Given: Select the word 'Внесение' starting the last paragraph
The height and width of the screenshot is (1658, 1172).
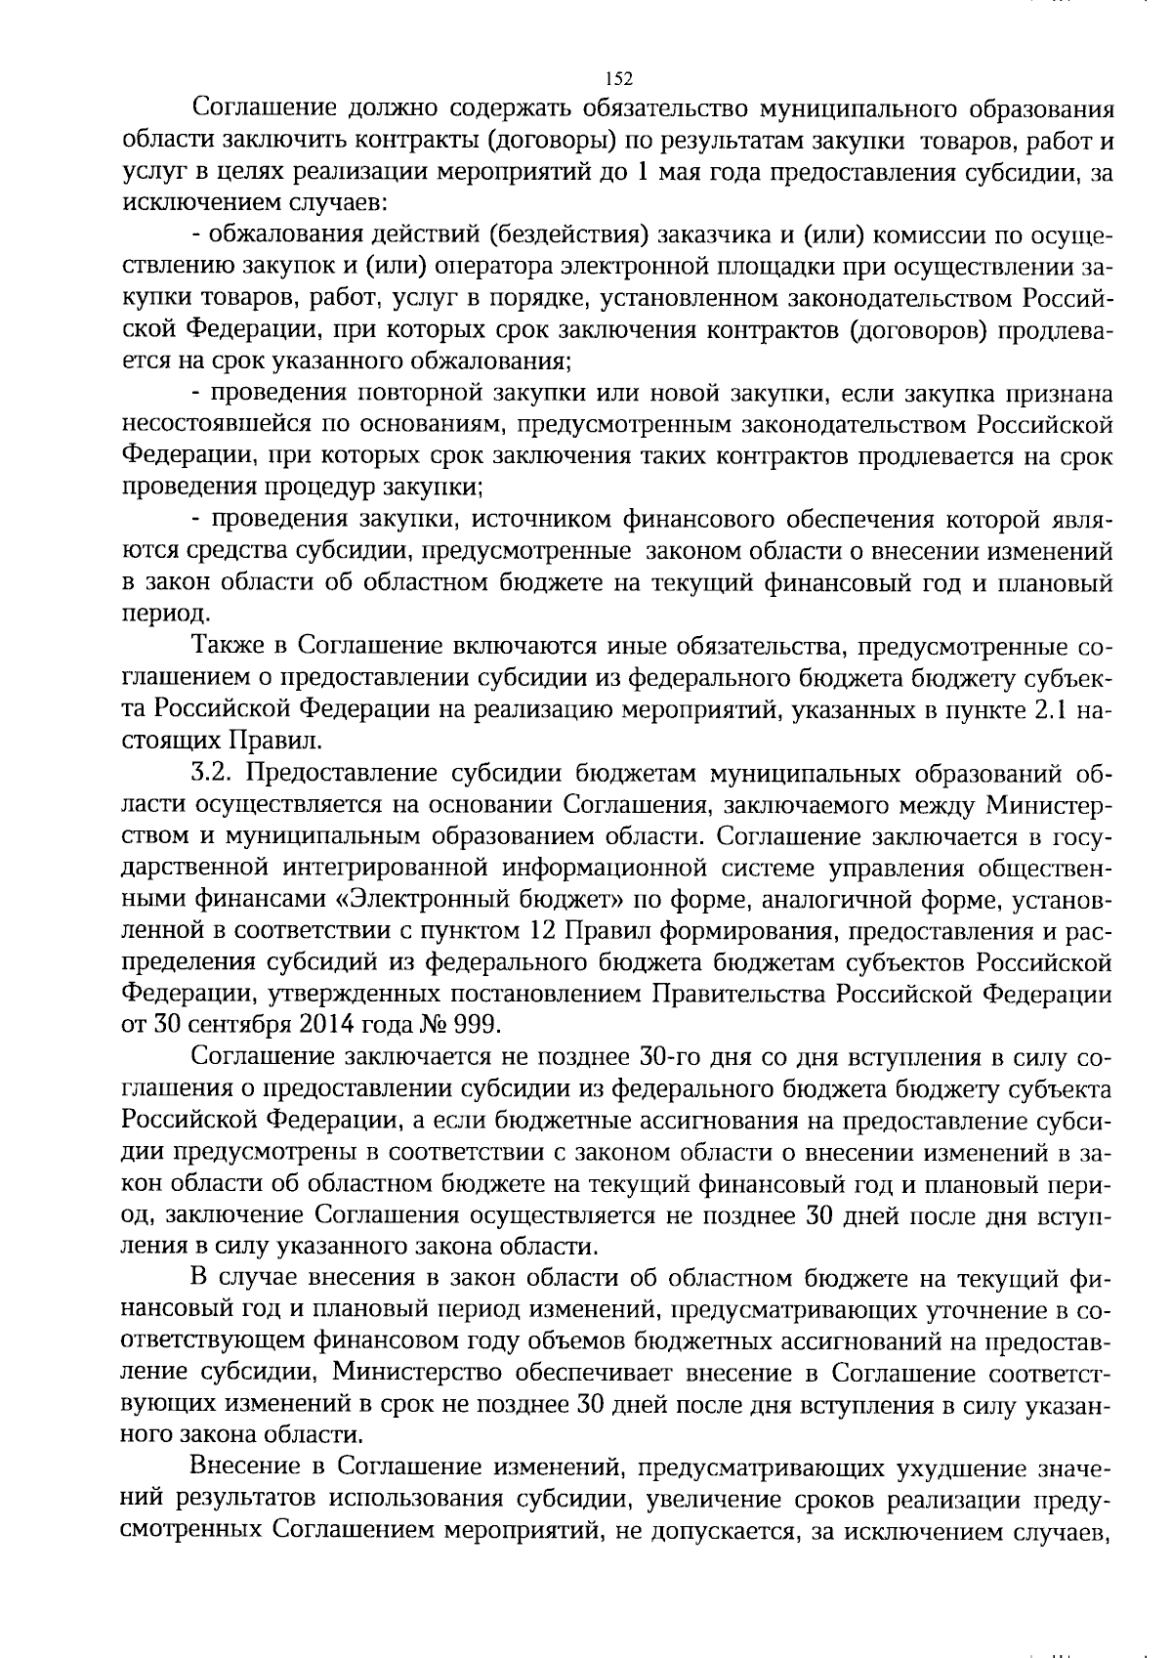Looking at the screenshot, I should tap(246, 1468).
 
